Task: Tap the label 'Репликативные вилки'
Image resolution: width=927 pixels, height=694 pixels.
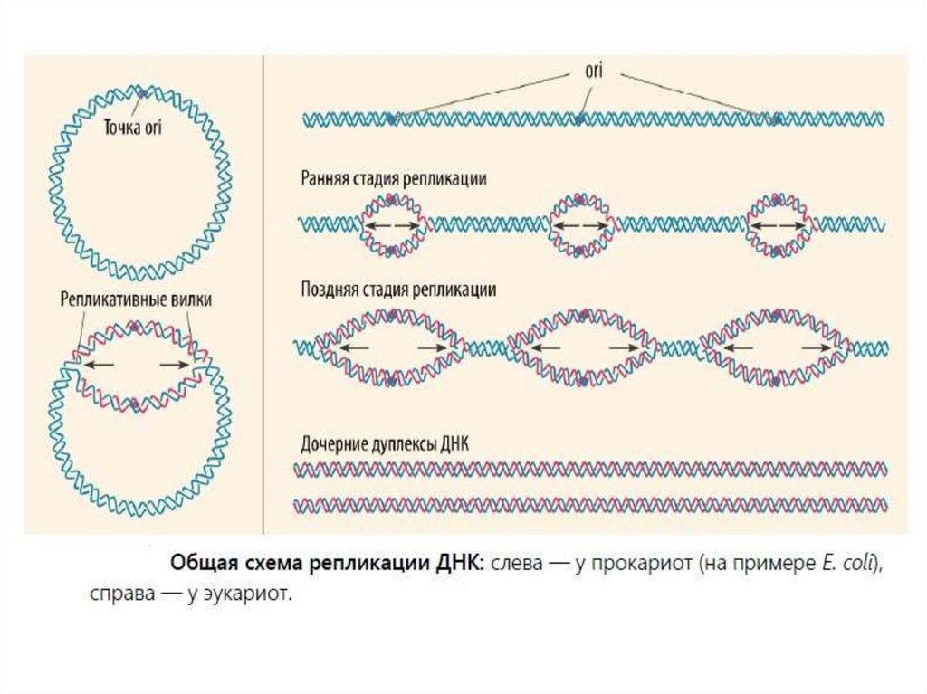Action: click(x=137, y=299)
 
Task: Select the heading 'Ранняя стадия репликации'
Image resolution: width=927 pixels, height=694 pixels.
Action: click(x=394, y=179)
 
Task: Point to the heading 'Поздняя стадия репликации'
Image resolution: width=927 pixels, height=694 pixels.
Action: click(x=397, y=290)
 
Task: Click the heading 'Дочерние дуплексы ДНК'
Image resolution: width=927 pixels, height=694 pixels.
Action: click(x=384, y=445)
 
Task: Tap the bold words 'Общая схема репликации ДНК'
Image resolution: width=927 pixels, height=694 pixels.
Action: click(x=327, y=562)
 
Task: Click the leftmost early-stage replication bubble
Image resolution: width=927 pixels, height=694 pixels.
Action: click(x=394, y=224)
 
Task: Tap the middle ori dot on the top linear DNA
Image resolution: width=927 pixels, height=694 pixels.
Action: click(x=579, y=119)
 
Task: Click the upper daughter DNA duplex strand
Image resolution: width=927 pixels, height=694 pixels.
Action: click(x=590, y=469)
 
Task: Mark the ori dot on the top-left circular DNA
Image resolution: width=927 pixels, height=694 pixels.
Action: click(x=142, y=92)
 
